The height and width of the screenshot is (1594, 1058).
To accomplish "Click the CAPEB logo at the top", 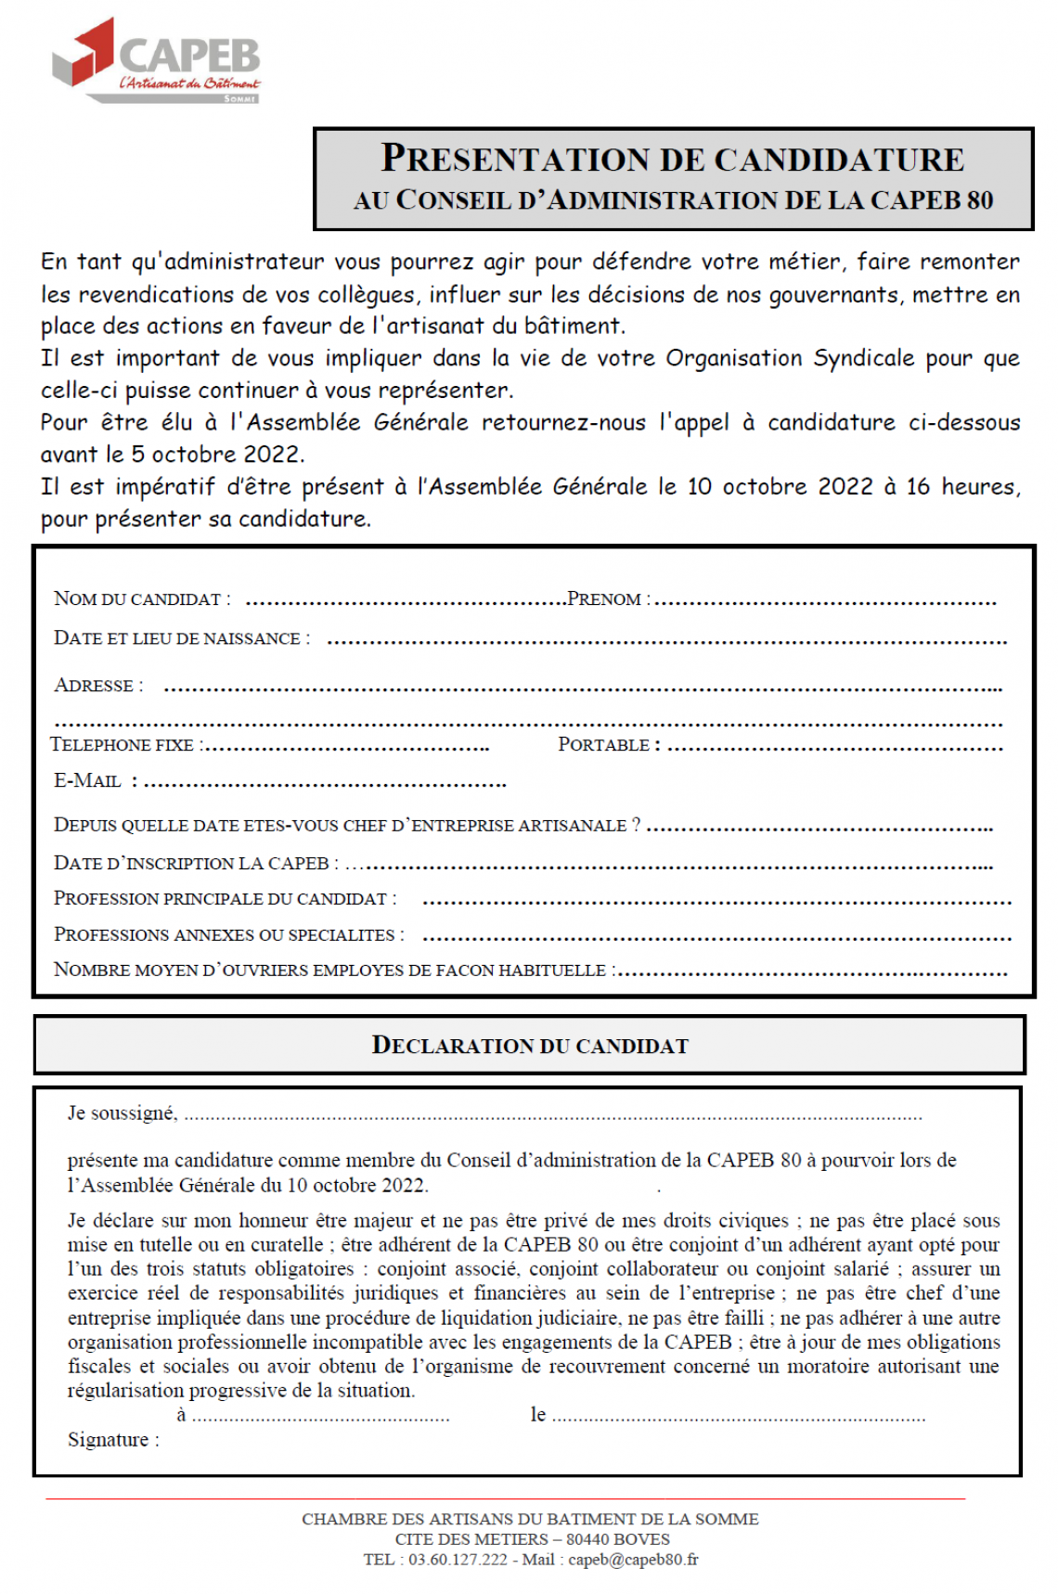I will pos(156,60).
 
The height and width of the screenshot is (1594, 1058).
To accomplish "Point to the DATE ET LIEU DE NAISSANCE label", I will pos(181,638).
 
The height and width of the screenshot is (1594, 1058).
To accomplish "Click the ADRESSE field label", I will pos(98,686).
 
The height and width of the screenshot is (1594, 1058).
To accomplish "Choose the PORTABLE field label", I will pos(609,745).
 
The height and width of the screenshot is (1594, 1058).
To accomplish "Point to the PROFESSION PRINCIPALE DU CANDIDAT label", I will pos(224,899).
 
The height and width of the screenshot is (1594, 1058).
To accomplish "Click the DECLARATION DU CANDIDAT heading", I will pos(530,1046).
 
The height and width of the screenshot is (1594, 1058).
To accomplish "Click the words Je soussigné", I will pos(122,1113).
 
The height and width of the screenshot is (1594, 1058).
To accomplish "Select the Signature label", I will pos(112,1440).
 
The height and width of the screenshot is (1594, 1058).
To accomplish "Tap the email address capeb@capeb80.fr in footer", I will pos(633,1560).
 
